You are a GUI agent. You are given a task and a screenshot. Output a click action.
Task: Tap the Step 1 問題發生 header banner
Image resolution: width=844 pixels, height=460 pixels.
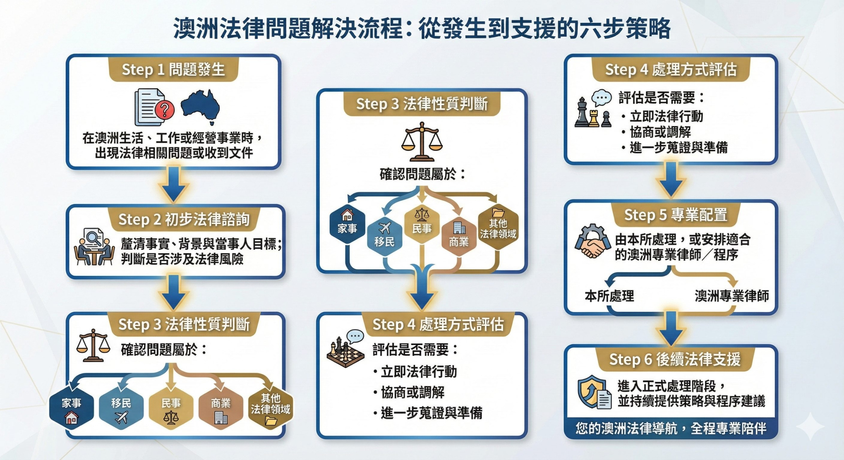pos(173,70)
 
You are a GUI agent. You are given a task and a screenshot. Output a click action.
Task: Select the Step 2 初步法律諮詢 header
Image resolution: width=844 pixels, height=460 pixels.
pos(184,219)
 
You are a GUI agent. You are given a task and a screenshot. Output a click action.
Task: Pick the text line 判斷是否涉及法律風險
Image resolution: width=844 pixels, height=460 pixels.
pos(182,259)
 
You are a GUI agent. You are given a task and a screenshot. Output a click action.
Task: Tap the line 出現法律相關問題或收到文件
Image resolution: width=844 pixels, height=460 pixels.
pos(174,153)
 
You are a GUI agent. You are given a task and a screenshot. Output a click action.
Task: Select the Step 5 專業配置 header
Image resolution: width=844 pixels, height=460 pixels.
pos(676,215)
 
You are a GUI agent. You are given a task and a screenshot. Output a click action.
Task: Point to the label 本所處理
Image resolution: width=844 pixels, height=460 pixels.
pos(609,296)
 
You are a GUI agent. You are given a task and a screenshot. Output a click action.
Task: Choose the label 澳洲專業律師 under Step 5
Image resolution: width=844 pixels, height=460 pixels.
pos(732,296)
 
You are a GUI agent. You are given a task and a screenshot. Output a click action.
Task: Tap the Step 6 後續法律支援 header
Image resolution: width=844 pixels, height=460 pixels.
pos(675,359)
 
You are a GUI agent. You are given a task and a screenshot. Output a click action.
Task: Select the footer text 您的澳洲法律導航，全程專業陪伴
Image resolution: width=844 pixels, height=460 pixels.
pos(671,428)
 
